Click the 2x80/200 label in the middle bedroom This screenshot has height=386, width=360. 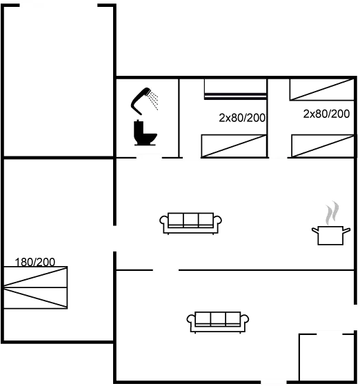click(x=242, y=118)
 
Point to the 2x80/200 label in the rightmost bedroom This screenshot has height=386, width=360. click(x=326, y=114)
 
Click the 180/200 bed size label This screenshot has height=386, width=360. click(x=35, y=262)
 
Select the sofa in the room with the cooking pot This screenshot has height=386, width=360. click(x=191, y=223)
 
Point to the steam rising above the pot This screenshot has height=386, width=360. click(x=332, y=213)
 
